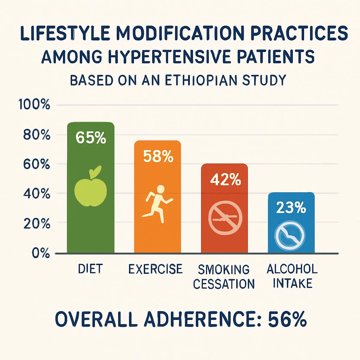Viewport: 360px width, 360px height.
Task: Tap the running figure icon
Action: point(157,204)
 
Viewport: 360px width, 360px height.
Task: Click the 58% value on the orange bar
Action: point(158,156)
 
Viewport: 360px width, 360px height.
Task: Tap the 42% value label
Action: point(225,180)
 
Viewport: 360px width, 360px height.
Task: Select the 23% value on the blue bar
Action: point(291,208)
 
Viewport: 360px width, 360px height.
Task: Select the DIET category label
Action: point(91,269)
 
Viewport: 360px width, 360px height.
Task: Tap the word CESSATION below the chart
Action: point(224,283)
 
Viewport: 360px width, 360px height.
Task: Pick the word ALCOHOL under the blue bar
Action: point(292,269)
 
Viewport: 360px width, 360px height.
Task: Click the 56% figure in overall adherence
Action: point(288,320)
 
